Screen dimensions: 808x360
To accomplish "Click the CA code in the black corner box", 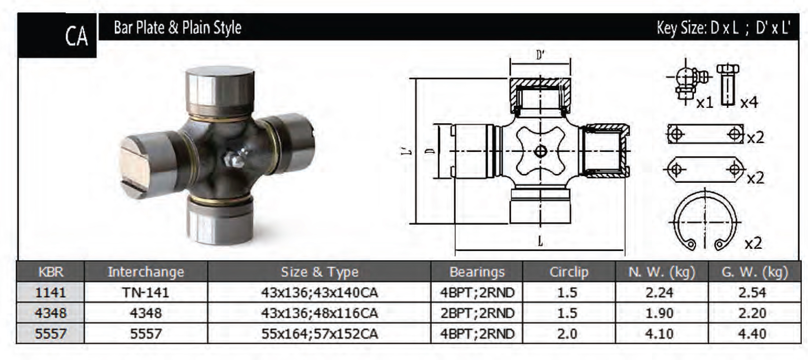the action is pyautogui.click(x=77, y=36).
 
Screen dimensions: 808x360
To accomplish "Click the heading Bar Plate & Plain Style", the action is pyautogui.click(x=178, y=28).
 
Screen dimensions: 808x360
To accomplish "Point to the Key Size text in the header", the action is pyautogui.click(x=723, y=28).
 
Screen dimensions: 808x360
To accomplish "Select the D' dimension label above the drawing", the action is pyautogui.click(x=540, y=55).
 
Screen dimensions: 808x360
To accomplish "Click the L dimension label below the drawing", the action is pyautogui.click(x=540, y=241).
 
